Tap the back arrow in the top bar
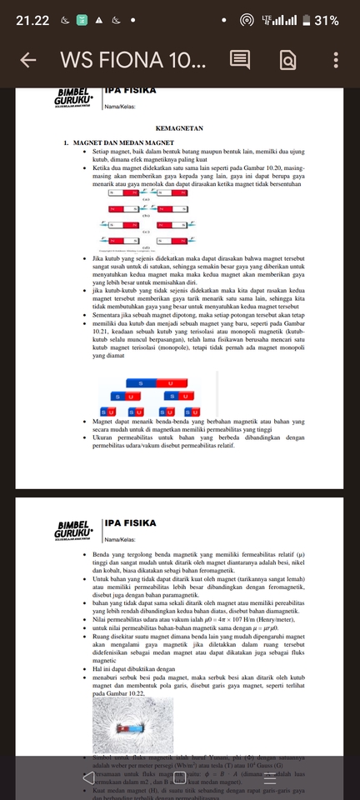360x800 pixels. (27, 60)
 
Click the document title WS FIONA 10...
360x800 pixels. (132, 60)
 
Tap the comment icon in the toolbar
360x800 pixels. (239, 60)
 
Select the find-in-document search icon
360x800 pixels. (287, 60)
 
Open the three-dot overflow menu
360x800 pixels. (336, 60)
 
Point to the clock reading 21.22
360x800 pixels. (32, 20)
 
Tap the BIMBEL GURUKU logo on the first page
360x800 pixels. (75, 97)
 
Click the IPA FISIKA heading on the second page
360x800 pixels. (131, 523)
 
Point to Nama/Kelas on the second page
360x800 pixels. (122, 541)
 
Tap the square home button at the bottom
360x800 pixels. (180, 777)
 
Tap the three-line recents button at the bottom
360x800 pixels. (269, 777)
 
